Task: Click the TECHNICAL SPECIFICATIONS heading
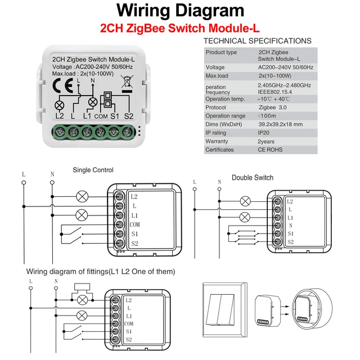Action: (257, 41)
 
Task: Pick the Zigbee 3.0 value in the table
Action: (272, 107)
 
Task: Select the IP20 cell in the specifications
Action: (264, 133)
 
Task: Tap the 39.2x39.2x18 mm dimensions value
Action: (280, 124)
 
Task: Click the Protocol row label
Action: (216, 107)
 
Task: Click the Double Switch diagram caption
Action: (253, 178)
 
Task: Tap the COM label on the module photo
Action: (101, 116)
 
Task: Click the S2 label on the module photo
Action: (129, 116)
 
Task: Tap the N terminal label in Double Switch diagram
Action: (290, 225)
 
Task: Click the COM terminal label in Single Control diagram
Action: (135, 224)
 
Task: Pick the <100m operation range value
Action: (267, 116)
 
